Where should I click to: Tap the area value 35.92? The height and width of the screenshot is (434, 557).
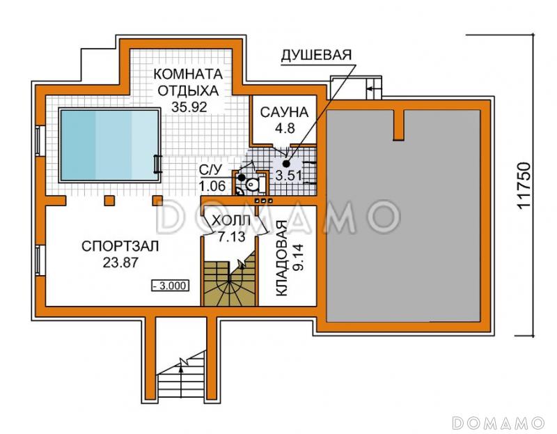point(189,107)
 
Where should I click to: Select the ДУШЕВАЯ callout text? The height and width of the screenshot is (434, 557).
point(316,55)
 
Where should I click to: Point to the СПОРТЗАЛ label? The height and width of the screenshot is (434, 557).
point(120,246)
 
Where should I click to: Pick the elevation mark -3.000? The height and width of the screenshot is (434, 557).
point(170,285)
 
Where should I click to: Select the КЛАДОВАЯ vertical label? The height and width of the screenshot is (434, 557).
point(281,259)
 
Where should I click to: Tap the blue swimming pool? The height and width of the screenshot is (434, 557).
point(109,144)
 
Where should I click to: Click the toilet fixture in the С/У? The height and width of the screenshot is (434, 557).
point(252,184)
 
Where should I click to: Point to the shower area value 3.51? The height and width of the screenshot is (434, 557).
point(288,175)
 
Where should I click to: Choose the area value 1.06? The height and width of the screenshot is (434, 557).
point(212,186)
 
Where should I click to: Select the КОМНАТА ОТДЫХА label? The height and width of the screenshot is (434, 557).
point(188,82)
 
